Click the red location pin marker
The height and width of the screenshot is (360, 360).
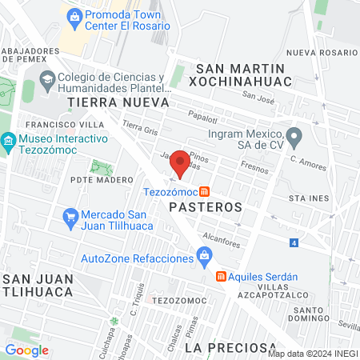point(181,164)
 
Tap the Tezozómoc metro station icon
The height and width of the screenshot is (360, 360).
point(205,192)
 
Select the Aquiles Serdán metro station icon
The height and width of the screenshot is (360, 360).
point(221,277)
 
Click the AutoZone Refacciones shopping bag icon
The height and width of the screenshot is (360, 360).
point(205,258)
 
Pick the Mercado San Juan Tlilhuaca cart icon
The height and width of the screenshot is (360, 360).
point(70,216)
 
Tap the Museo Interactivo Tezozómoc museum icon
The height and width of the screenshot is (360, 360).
point(8,142)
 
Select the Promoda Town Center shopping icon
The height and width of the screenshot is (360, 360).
point(74,15)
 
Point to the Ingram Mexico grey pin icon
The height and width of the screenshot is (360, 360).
point(294,135)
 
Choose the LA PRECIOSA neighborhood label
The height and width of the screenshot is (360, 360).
point(225,347)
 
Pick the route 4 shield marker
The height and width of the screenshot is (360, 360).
point(294,242)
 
